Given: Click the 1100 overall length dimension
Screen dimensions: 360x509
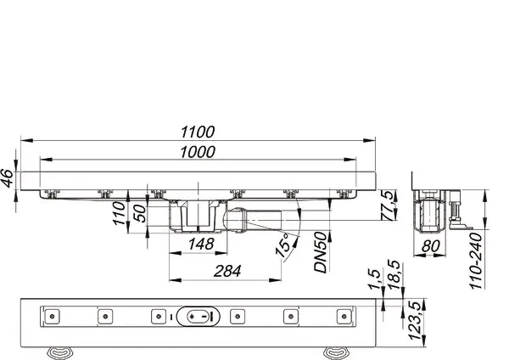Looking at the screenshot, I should coord(197,132).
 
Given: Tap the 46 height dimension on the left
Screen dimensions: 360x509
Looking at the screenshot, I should coord(8,179).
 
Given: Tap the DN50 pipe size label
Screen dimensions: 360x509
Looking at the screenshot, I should coord(321,254).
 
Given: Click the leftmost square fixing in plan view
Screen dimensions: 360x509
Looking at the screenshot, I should coord(52,316).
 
